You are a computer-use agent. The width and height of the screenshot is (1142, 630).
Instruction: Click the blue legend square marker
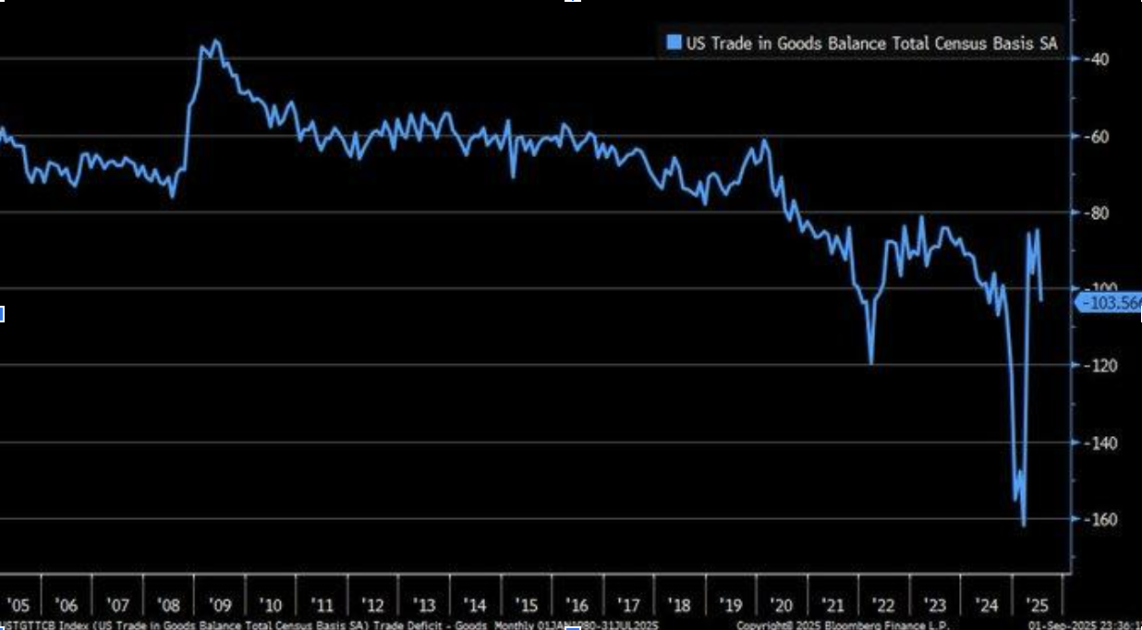click(673, 42)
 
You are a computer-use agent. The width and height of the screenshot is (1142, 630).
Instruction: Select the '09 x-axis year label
click(220, 606)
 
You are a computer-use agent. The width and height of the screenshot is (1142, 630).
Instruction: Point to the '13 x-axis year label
click(423, 606)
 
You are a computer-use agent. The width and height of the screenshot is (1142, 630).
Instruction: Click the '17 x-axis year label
click(628, 606)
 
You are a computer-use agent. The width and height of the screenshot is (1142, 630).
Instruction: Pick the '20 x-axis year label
click(782, 606)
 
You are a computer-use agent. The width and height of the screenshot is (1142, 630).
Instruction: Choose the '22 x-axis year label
click(884, 606)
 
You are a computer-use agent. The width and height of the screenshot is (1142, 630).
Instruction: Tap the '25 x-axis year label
click(1038, 606)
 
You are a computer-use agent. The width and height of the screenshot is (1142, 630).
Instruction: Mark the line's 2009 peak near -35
click(215, 41)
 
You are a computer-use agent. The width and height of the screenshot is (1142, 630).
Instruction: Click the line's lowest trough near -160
click(1024, 525)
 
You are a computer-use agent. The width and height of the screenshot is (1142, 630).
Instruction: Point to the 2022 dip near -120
click(870, 362)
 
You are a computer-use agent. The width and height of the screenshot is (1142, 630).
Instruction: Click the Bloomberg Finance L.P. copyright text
click(843, 625)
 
